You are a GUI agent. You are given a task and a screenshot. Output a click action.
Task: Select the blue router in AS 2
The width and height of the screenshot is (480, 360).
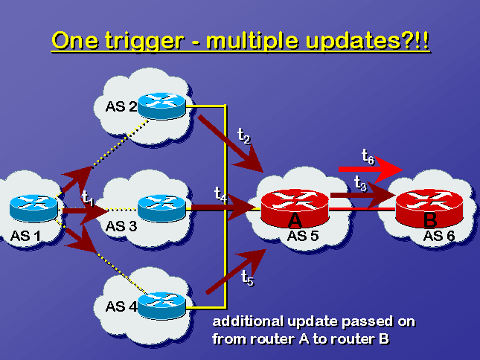(161, 106)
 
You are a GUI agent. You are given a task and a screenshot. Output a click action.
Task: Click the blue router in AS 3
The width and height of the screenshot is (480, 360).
(161, 208)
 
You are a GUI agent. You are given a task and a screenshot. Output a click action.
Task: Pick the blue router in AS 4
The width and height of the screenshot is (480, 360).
(161, 306)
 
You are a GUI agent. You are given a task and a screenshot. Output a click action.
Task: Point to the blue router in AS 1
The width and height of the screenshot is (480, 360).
(33, 208)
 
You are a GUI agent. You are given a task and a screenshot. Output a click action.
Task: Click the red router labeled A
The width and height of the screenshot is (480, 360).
(295, 208)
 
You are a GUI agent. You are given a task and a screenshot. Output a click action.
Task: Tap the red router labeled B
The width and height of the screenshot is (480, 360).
(429, 208)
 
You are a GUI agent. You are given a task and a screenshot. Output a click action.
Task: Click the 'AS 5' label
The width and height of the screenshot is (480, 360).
(303, 236)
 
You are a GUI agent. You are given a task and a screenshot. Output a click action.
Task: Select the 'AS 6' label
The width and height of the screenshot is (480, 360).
(439, 236)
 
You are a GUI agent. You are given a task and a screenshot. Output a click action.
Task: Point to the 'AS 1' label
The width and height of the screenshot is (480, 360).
(25, 236)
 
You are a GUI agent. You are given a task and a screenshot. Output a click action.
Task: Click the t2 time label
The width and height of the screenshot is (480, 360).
(244, 135)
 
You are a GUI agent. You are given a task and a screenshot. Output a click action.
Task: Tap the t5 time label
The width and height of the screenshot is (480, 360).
(247, 277)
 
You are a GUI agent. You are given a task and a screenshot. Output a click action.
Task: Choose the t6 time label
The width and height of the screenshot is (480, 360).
(368, 157)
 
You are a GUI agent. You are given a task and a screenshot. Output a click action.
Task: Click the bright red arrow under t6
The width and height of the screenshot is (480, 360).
(371, 169)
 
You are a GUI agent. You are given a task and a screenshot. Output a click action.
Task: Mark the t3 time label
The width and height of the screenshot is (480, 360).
(360, 184)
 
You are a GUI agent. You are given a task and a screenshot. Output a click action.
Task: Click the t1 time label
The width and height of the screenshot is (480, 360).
(88, 197)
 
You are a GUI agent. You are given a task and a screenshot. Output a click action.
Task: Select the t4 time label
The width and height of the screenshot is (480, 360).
(221, 194)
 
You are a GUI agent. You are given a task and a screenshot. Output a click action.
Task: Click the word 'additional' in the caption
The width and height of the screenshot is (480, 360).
(248, 321)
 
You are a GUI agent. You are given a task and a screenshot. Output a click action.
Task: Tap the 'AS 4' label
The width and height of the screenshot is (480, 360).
(121, 306)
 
